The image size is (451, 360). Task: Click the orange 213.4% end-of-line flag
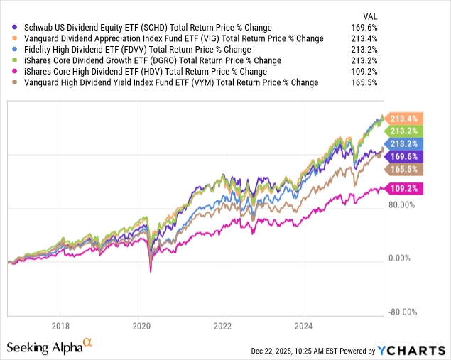[404, 119]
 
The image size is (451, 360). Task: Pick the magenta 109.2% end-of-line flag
[404, 189]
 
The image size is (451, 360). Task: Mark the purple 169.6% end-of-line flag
[404, 157]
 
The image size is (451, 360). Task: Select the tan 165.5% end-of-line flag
[404, 170]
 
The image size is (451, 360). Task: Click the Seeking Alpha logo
[49, 347]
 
